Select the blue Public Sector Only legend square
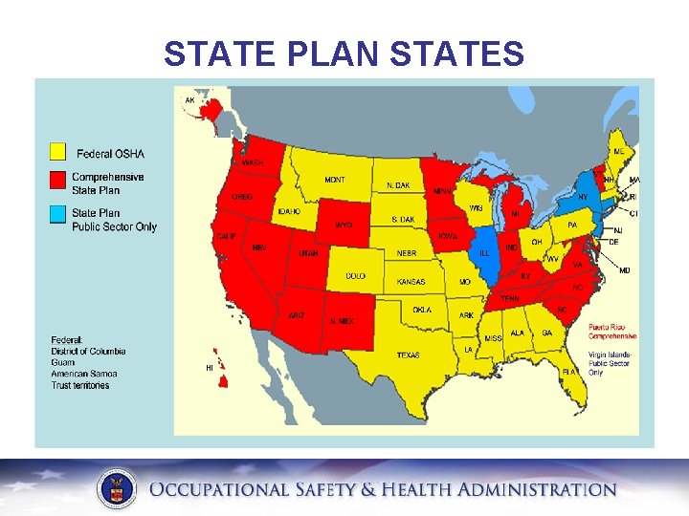58,215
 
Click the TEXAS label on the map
408,355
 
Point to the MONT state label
335,180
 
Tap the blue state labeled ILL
485,253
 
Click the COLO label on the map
355,276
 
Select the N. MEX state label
342,321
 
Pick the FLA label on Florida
569,371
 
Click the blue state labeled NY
582,197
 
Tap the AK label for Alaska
189,99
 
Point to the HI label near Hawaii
210,367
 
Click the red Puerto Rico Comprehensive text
611,332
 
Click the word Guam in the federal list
63,363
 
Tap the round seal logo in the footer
117,489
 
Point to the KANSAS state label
411,282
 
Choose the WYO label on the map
343,226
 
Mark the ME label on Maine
618,152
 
